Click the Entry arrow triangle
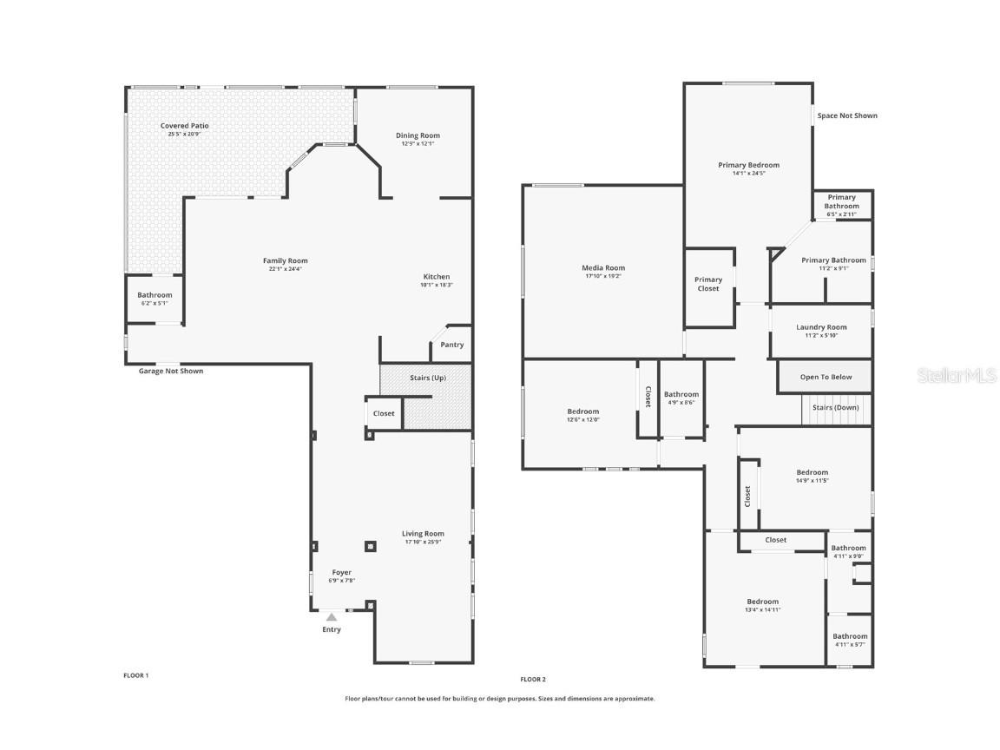pos(331,616)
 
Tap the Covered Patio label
pos(184,126)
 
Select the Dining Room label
pos(418,135)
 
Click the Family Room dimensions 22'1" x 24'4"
pos(286,269)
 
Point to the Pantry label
pos(451,345)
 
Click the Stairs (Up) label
pos(428,378)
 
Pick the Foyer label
pos(342,572)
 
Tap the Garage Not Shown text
pos(171,372)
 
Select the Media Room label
pos(603,268)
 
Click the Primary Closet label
pos(708,284)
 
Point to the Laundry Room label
pos(821,327)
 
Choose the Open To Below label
pos(826,377)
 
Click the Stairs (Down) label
pos(835,407)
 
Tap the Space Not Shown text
pos(847,115)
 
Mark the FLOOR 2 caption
pos(533,679)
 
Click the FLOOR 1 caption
pos(136,674)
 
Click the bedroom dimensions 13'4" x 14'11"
pos(763,609)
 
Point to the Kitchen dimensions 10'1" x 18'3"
pos(437,285)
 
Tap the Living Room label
pos(423,534)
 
